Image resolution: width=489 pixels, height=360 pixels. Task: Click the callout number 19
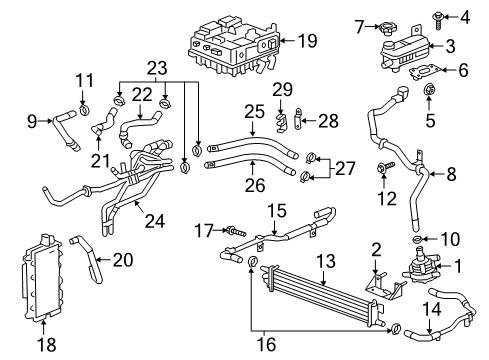tap(307, 41)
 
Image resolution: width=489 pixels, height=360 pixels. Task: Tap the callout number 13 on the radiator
tap(325, 262)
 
